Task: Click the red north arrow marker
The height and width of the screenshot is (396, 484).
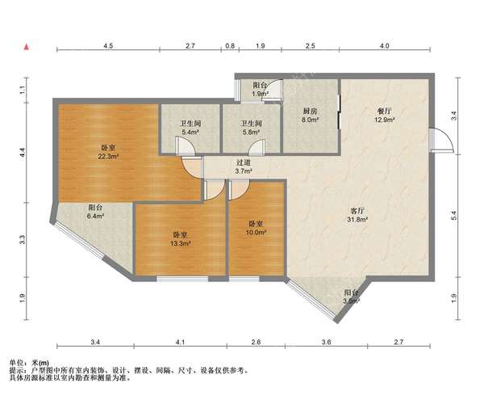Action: click(x=27, y=47)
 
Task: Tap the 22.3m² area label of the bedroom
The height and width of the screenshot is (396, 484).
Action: click(x=109, y=157)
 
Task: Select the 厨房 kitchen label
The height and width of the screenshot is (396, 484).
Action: click(x=311, y=112)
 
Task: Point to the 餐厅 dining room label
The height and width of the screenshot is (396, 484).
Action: click(x=384, y=112)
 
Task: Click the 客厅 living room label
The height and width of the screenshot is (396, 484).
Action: click(x=357, y=211)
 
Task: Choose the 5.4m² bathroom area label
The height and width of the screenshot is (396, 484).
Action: click(x=190, y=133)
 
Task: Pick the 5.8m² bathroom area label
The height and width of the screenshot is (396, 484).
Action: click(x=251, y=133)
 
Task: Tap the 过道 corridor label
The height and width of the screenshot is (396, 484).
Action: click(x=244, y=162)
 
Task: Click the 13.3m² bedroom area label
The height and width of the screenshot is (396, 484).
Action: click(x=180, y=243)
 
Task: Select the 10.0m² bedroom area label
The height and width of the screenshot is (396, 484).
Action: click(x=257, y=232)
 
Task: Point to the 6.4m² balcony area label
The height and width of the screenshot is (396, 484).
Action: click(x=96, y=216)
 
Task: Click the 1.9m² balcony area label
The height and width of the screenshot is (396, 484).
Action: click(x=260, y=94)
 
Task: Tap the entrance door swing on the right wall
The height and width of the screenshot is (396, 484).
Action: click(x=441, y=140)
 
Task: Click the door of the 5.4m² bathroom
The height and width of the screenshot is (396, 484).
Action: click(x=186, y=146)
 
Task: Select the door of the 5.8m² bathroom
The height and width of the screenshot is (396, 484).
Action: click(x=257, y=147)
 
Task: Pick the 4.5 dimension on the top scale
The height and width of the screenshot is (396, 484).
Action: click(x=108, y=46)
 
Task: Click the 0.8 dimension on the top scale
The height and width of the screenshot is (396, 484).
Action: click(x=230, y=46)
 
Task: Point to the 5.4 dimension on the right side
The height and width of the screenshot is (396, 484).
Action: click(x=453, y=216)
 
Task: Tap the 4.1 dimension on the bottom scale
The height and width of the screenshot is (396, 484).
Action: click(x=180, y=342)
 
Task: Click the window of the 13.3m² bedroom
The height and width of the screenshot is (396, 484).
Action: click(x=182, y=279)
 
